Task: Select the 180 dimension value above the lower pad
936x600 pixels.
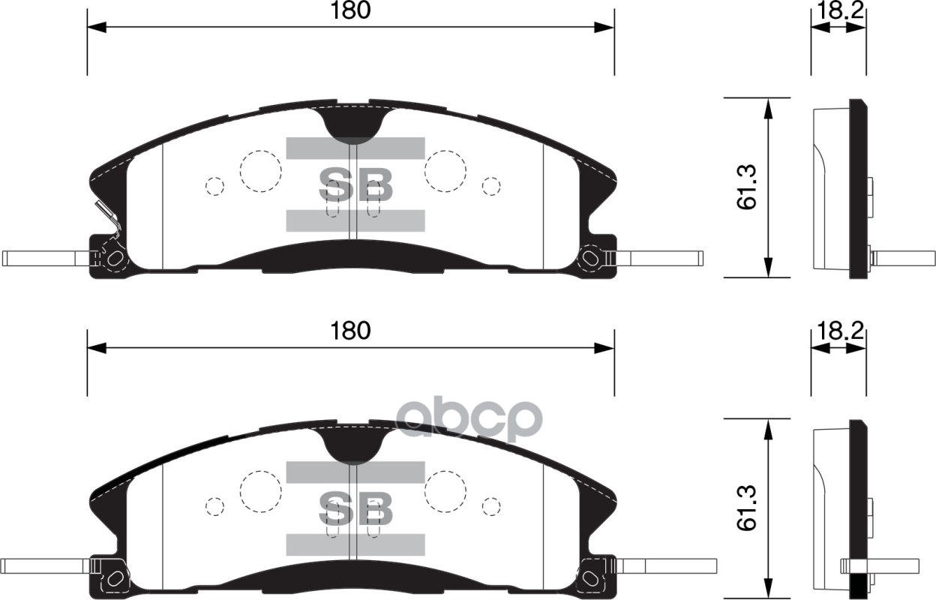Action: click(350, 331)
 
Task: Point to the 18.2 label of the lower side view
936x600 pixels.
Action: click(838, 331)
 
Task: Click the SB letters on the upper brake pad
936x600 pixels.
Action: click(355, 184)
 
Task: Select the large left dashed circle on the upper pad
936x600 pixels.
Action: click(260, 170)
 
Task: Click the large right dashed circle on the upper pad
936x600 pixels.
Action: click(445, 170)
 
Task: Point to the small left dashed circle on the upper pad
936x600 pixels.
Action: click(214, 186)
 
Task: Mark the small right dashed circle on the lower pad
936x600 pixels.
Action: click(491, 507)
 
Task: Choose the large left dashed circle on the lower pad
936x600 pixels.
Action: click(260, 491)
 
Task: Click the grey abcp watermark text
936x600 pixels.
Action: click(468, 420)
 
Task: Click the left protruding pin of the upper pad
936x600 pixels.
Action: click(45, 258)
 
